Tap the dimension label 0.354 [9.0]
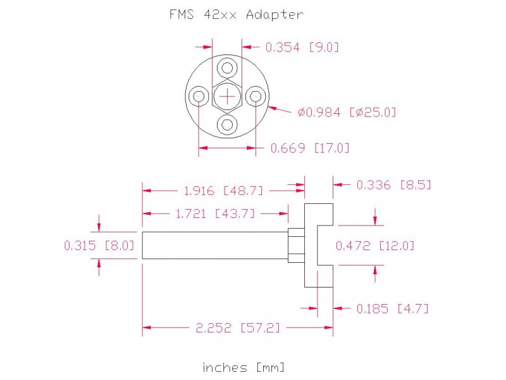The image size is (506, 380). [302, 46]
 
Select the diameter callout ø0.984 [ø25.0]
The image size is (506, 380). [347, 112]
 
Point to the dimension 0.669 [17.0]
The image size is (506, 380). [310, 148]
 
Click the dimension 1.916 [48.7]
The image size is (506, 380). [223, 190]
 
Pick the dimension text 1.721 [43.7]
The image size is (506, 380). [214, 213]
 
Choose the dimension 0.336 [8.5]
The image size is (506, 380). [394, 185]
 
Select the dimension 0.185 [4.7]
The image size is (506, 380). [393, 308]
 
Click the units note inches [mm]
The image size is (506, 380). [244, 367]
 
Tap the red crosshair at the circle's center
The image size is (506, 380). [228, 96]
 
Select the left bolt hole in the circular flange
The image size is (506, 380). [199, 96]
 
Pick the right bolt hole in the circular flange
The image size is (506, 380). [256, 96]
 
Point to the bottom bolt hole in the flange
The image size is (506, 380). [228, 124]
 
